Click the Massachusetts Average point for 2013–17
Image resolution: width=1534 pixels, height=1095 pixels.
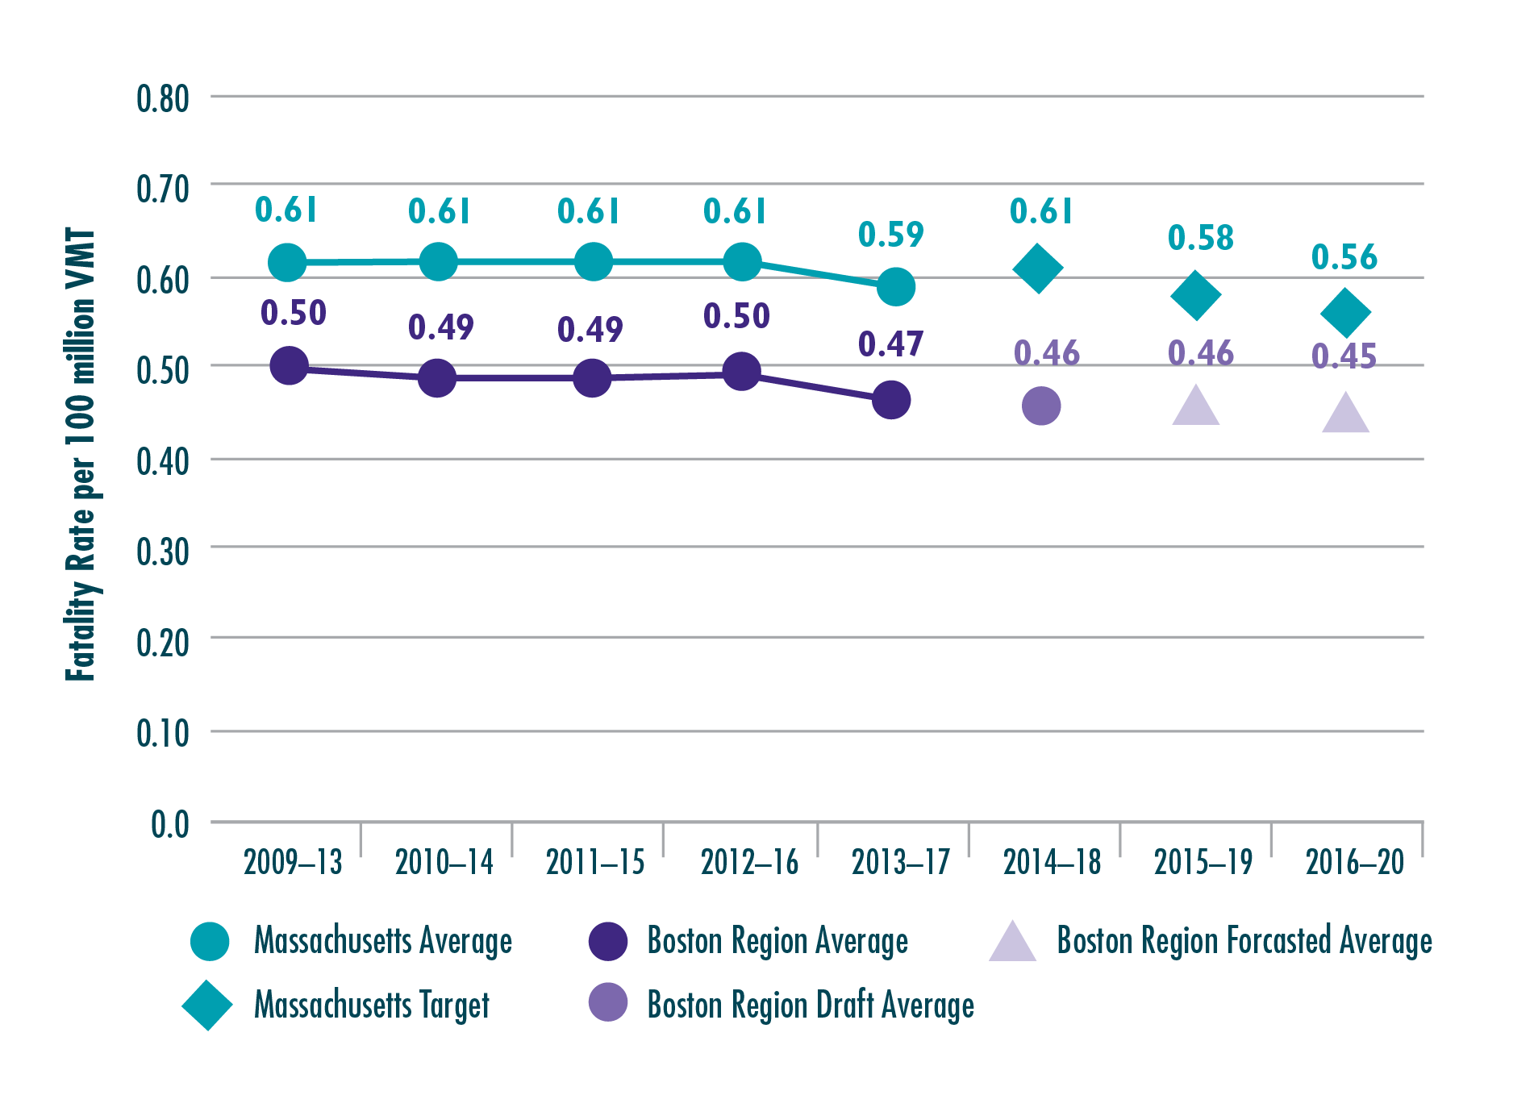click(x=895, y=287)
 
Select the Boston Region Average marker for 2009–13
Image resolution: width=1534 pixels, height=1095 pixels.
click(x=289, y=366)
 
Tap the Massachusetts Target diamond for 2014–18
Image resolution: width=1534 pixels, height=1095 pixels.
click(x=1037, y=269)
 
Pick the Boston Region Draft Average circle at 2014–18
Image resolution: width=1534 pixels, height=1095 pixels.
click(x=1041, y=406)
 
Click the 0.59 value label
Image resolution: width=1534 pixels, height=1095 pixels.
click(x=890, y=235)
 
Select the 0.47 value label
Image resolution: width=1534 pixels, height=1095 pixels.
click(x=890, y=344)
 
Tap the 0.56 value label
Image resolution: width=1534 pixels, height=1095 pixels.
click(x=1344, y=257)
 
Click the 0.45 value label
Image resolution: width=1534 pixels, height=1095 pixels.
click(x=1344, y=356)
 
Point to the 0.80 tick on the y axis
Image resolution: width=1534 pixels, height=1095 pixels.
click(x=162, y=98)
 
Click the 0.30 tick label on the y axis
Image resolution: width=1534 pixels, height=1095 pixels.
click(x=162, y=552)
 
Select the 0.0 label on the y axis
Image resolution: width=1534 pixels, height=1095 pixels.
click(x=169, y=825)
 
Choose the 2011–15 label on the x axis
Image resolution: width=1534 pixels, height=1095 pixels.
click(x=595, y=863)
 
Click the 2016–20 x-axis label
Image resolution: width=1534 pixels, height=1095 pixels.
click(x=1355, y=863)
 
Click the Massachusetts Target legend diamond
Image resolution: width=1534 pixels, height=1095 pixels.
click(x=207, y=1005)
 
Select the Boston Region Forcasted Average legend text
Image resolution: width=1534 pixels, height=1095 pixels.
click(x=1244, y=941)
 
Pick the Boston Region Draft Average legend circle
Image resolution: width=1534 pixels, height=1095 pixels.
click(x=608, y=1002)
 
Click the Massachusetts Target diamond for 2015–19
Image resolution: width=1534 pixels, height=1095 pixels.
click(x=1195, y=295)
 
